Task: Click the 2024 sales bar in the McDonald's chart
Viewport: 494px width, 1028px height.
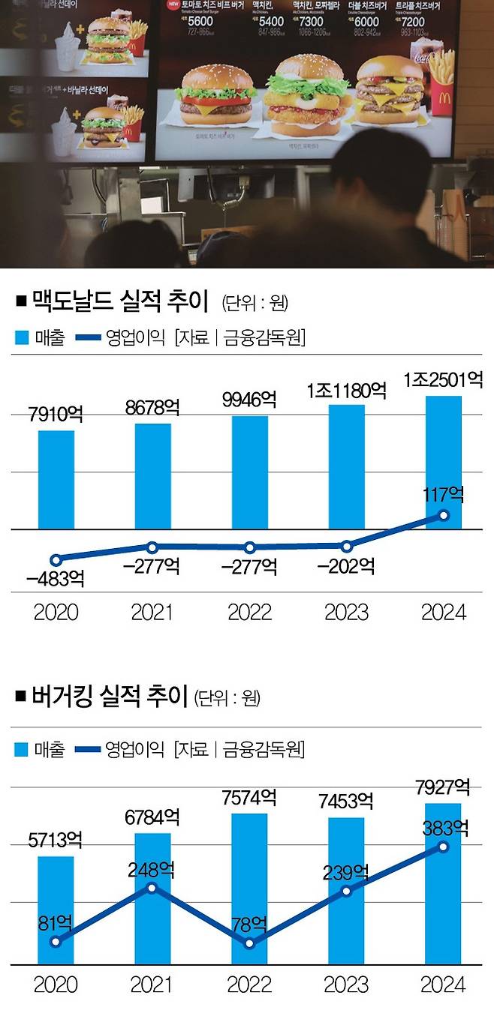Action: tap(443, 462)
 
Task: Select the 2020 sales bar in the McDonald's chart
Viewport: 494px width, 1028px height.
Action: tap(56, 480)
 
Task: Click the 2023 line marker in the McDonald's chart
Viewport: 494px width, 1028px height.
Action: tap(346, 545)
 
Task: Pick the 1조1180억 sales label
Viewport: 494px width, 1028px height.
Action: tap(346, 391)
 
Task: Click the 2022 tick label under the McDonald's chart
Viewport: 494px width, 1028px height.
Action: tap(250, 612)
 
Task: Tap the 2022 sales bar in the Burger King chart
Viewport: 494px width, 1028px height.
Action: tap(250, 889)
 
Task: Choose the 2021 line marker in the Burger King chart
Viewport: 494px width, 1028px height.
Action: tap(152, 888)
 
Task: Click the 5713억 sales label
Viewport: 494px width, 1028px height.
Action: tap(56, 841)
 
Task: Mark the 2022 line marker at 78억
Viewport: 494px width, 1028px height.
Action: tap(250, 943)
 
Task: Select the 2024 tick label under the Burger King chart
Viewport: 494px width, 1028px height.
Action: tap(444, 984)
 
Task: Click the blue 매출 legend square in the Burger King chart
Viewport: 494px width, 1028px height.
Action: tap(23, 748)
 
